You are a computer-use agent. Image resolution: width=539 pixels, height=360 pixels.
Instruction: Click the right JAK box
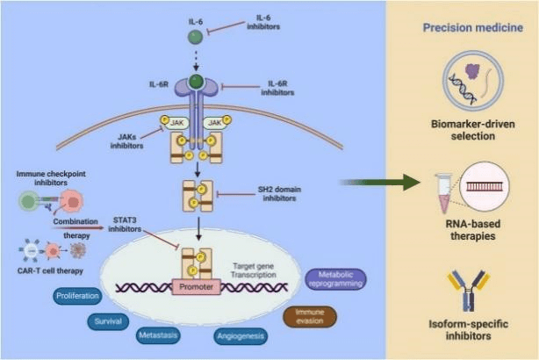click(x=213, y=125)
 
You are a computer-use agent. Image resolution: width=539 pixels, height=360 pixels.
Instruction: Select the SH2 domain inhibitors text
click(x=280, y=194)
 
